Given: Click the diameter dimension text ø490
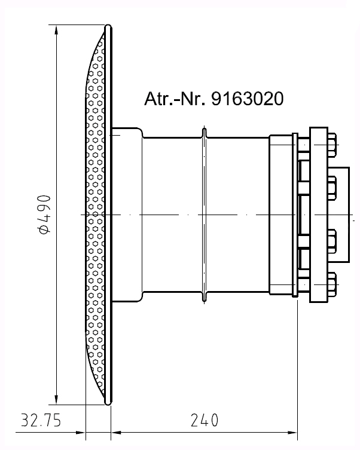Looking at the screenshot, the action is (44, 214).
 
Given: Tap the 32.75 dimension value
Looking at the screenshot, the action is (41, 421).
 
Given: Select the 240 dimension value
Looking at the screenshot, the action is (205, 421).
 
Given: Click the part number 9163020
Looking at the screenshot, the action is (248, 99).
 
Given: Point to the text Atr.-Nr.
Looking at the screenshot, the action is (175, 99).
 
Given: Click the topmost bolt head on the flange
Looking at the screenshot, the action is (332, 145).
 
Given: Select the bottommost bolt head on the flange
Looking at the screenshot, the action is (332, 284).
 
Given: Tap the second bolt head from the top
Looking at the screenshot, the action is (332, 188).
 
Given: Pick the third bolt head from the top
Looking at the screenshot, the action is (332, 241).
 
